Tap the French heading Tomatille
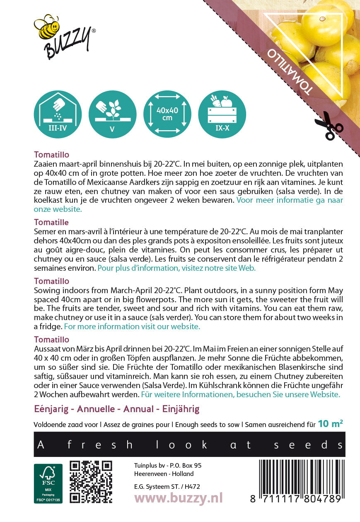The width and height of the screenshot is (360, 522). point(51,222)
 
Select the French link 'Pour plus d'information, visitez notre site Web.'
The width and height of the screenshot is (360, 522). point(176,268)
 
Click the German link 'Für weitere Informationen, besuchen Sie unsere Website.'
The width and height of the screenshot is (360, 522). point(240,394)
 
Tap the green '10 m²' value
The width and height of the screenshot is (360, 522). point(330,423)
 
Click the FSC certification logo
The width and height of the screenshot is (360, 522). point(48,483)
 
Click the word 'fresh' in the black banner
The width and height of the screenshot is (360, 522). point(99,445)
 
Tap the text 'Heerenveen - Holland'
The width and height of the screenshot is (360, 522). point(164,474)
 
